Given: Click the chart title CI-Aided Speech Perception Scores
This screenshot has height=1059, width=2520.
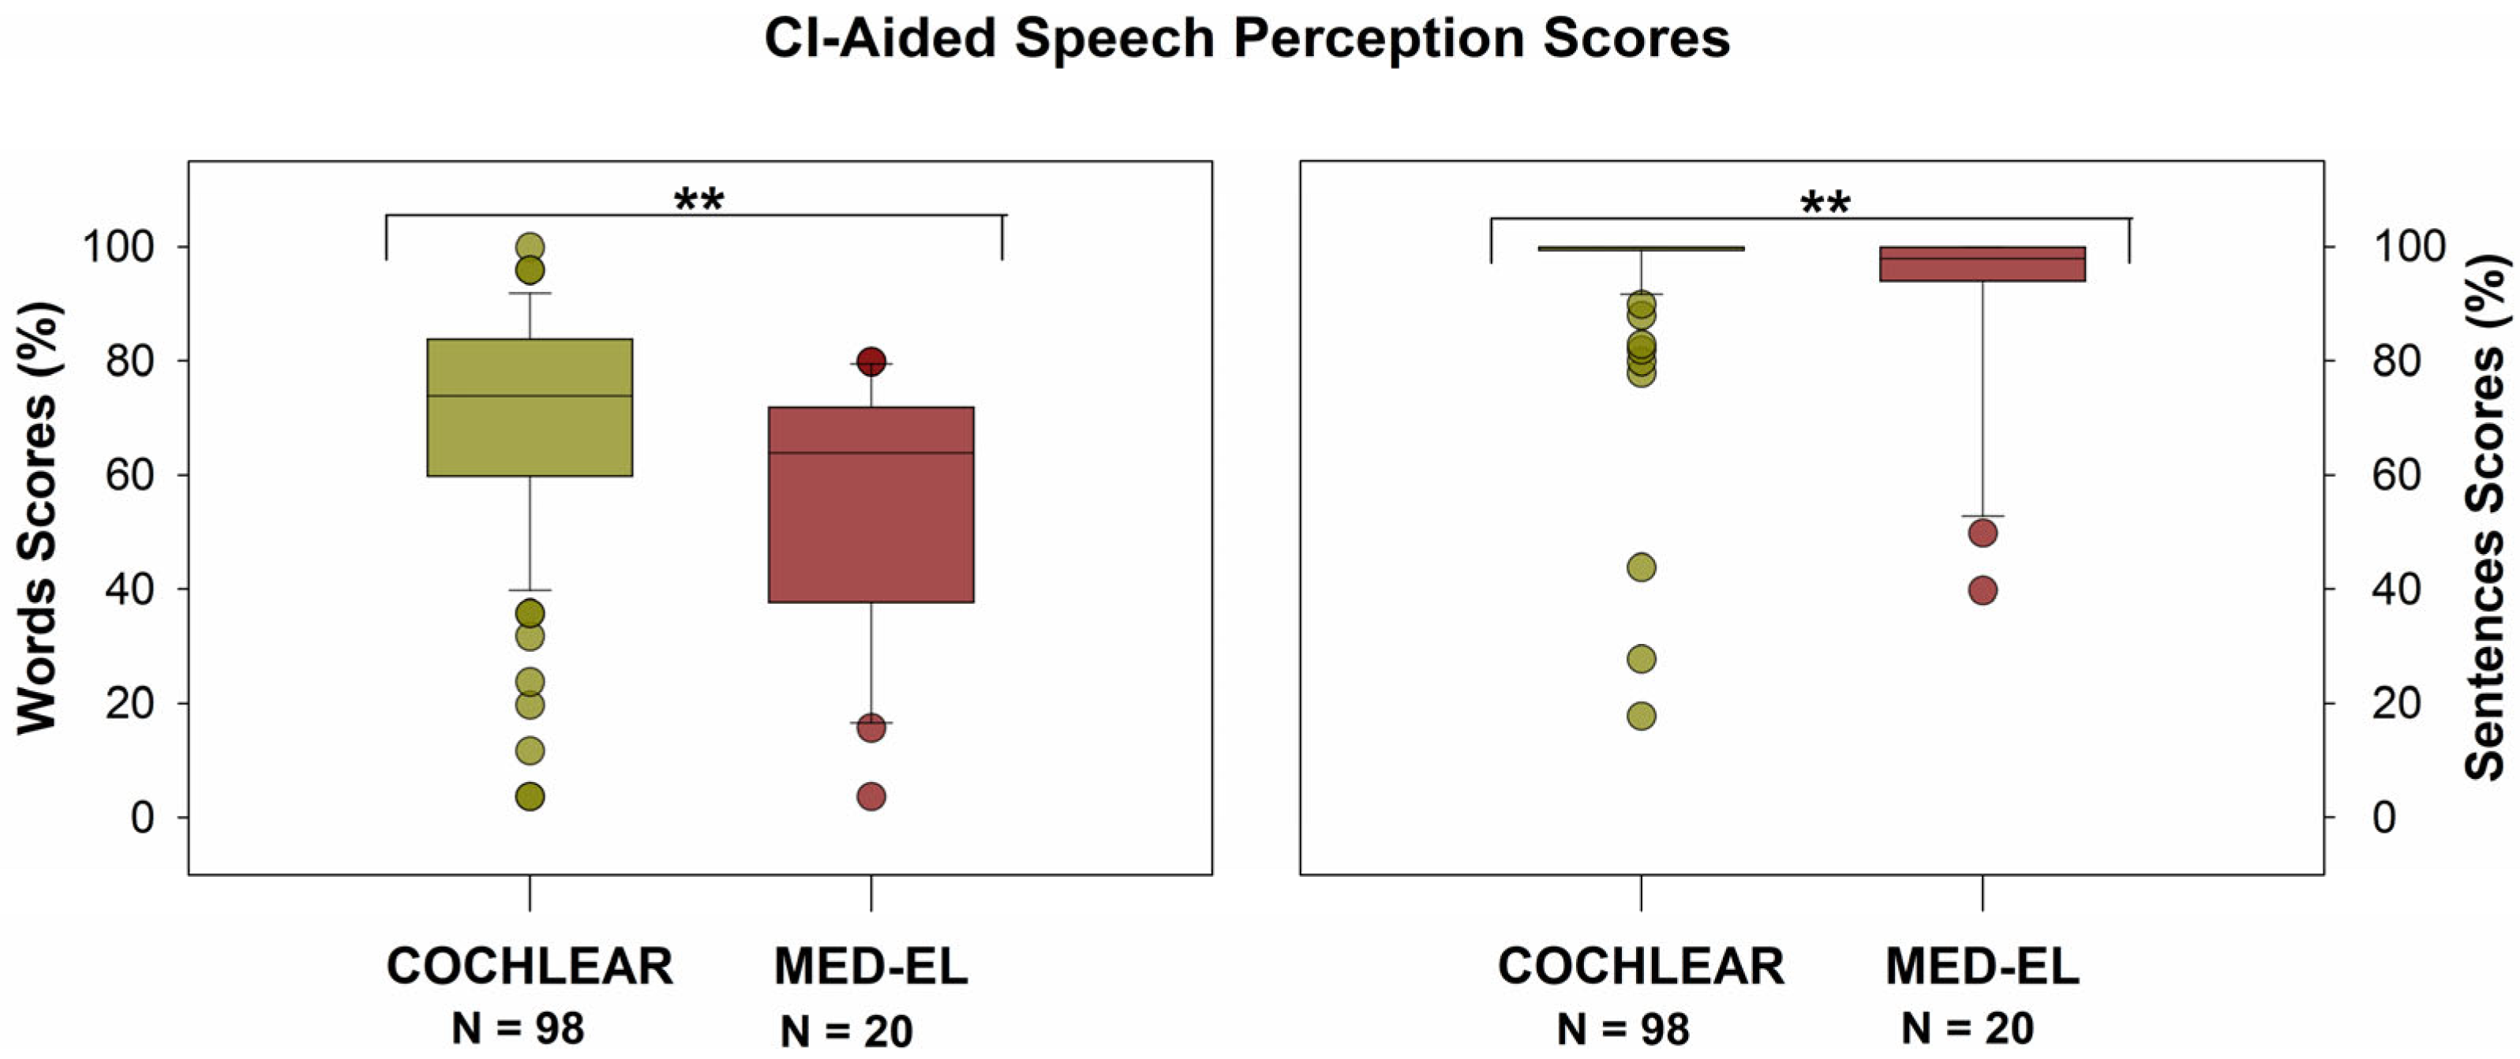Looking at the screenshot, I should [x=1246, y=39].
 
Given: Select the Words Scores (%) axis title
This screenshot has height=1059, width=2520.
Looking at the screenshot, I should [x=37, y=518].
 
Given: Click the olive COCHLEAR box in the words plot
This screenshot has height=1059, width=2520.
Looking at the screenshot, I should [x=530, y=430].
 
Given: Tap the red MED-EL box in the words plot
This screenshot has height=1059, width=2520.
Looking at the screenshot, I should [x=871, y=528].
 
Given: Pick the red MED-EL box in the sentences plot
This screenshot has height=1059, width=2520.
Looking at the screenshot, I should [x=1982, y=265].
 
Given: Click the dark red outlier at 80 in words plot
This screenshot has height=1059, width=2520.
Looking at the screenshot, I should [x=871, y=361].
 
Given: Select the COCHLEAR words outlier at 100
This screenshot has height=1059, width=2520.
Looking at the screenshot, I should [x=530, y=246].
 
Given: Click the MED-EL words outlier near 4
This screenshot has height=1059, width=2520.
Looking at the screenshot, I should [x=871, y=797].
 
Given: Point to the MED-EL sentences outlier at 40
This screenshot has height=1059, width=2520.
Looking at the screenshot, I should [x=1982, y=590].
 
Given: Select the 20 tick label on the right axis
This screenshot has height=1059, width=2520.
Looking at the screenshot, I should [x=2396, y=704].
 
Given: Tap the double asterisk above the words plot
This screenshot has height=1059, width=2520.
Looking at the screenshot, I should [x=698, y=201].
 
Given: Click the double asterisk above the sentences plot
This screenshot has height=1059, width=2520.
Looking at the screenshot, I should [x=1825, y=204].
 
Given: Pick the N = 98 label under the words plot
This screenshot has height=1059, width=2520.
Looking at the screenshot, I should [x=518, y=1029].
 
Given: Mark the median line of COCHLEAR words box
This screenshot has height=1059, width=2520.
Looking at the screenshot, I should [x=530, y=396].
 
